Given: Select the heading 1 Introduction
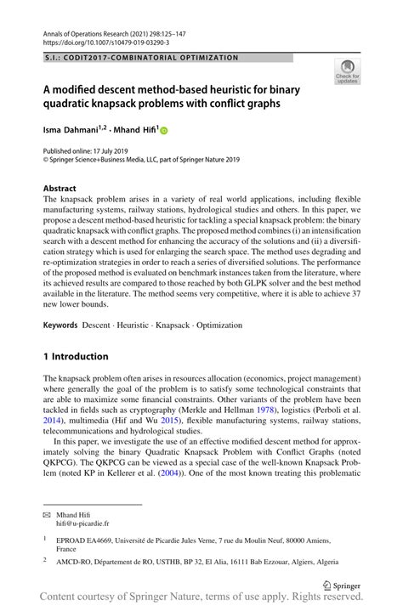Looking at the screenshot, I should (x=76, y=356).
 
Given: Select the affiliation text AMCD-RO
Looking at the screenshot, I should (x=77, y=562).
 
